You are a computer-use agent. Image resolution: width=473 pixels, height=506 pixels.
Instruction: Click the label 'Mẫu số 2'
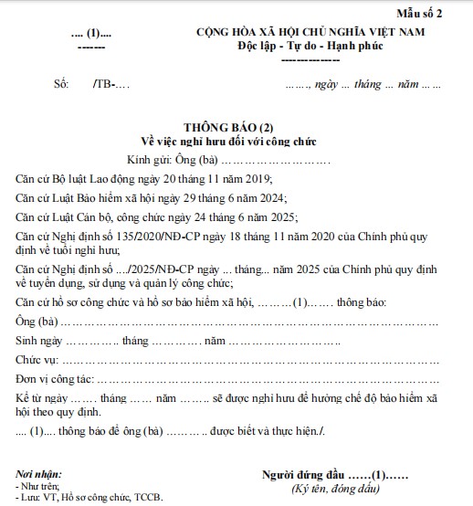441,13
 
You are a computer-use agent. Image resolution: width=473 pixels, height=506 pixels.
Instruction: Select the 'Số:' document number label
62,85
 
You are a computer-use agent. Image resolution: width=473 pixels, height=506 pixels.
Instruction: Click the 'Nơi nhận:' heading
38,475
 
